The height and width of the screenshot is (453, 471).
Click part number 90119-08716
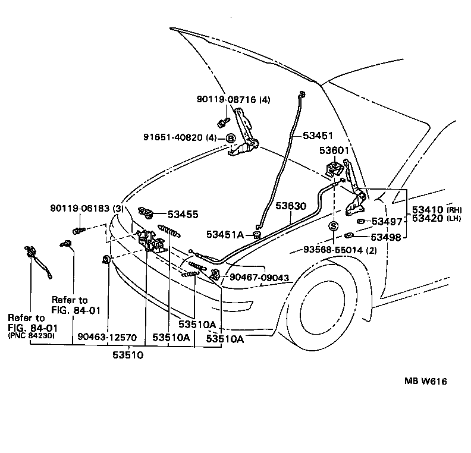coord(226,99)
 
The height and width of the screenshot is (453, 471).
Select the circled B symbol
coord(231,139)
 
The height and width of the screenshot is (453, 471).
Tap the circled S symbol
coord(334,226)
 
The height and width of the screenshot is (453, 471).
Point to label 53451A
coord(225,234)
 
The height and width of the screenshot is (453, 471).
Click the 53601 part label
coord(334,150)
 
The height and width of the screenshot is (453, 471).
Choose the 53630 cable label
coord(291,206)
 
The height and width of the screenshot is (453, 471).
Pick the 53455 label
coord(183,215)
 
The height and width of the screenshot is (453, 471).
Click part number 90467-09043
coord(259,277)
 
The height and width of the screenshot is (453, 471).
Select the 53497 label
coord(387,222)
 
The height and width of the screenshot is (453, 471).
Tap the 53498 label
coord(386,237)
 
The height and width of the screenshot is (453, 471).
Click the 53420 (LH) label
coord(437,218)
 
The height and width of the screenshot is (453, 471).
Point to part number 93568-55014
coord(333,250)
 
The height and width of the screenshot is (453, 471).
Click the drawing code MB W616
coord(426,381)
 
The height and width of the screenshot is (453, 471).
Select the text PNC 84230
coord(32,335)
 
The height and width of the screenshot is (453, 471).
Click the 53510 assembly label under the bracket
coord(128,355)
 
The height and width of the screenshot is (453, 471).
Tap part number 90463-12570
coord(107,337)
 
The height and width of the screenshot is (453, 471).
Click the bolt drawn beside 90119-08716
coord(223,122)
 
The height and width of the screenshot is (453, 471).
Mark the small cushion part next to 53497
coord(360,222)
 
